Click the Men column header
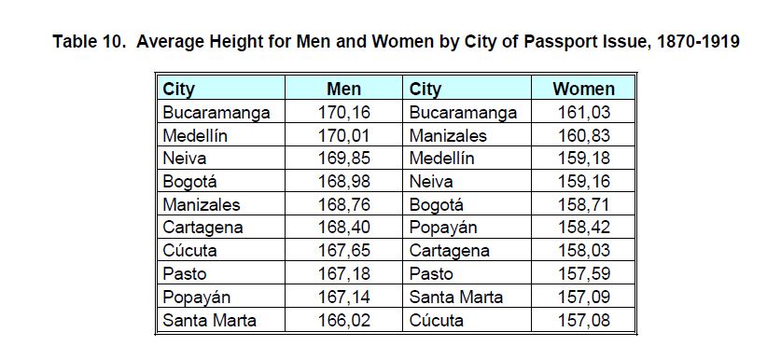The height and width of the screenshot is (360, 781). click(x=343, y=90)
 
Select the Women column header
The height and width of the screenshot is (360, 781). click(x=584, y=90)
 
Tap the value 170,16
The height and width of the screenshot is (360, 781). click(x=344, y=112)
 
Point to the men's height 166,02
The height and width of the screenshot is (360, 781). click(x=344, y=320)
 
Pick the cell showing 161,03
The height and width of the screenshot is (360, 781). click(x=584, y=112)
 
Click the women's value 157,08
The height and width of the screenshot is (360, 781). click(x=584, y=320)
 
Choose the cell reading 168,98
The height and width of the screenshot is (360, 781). click(x=344, y=181)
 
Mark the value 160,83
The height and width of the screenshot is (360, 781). click(x=584, y=135)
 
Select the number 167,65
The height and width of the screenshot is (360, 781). click(x=344, y=251)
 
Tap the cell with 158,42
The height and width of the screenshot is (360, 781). click(x=584, y=228)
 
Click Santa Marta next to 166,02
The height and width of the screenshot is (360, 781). click(x=209, y=320)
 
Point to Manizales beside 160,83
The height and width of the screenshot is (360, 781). click(x=448, y=135)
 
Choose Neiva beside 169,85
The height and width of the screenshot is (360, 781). click(x=185, y=159)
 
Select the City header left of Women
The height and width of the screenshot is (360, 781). click(x=425, y=90)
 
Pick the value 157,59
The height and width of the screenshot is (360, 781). click(x=584, y=274)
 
